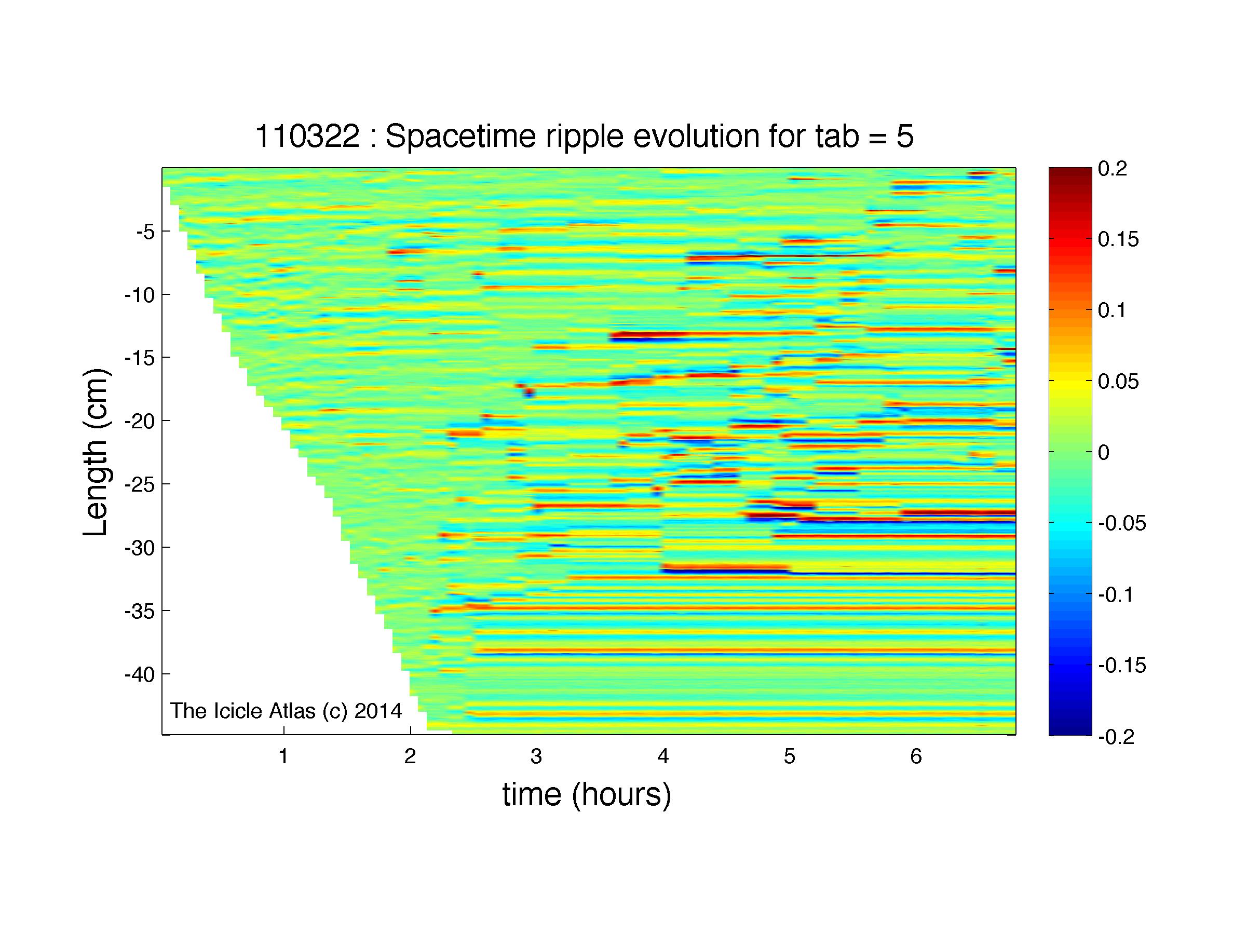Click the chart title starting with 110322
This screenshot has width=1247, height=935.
584,137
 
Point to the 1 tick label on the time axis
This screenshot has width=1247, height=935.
283,756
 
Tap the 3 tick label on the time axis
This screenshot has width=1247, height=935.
536,756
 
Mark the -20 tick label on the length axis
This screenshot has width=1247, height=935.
140,421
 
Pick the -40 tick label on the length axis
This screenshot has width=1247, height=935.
140,674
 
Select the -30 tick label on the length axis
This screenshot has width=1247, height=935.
140,548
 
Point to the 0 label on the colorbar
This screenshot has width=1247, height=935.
1104,453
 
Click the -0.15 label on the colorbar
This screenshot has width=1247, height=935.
1122,666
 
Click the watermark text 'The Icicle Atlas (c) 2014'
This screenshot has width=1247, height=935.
286,711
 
